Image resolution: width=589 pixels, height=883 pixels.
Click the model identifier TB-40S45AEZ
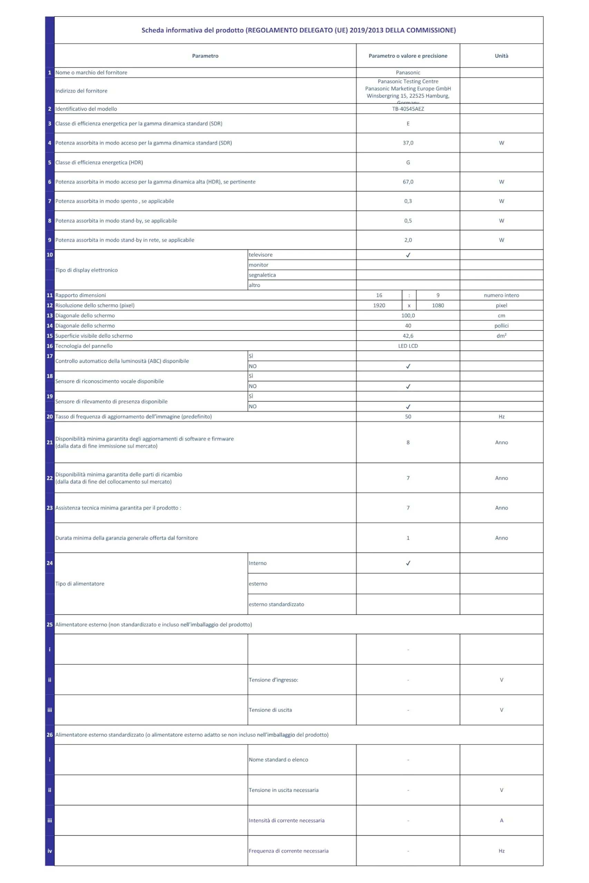[x=408, y=109]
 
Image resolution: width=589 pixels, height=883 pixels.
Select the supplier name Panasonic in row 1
[x=408, y=72]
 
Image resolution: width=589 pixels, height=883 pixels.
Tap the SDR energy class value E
[x=408, y=123]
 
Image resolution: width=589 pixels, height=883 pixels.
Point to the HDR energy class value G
[x=408, y=162]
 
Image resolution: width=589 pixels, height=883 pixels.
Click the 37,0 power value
[x=408, y=143]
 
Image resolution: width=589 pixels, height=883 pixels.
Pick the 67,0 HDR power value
[x=408, y=182]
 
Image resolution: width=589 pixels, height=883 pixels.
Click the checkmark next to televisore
[x=408, y=255]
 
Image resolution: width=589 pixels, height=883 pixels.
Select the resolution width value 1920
[x=379, y=305]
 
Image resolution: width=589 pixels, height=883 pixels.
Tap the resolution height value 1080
[x=438, y=305]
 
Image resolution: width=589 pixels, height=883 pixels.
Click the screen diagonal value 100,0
[x=408, y=315]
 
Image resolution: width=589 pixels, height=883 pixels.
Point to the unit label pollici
[x=501, y=326]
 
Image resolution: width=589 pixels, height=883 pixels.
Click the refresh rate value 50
[x=408, y=416]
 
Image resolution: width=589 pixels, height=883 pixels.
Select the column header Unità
[x=501, y=56]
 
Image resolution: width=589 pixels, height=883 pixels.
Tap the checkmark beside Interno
[x=408, y=563]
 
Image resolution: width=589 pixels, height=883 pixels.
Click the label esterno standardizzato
[x=276, y=604]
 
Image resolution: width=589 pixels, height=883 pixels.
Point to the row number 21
[x=50, y=442]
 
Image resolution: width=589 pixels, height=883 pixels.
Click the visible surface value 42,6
[x=408, y=336]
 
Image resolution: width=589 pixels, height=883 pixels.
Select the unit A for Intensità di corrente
[x=501, y=820]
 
